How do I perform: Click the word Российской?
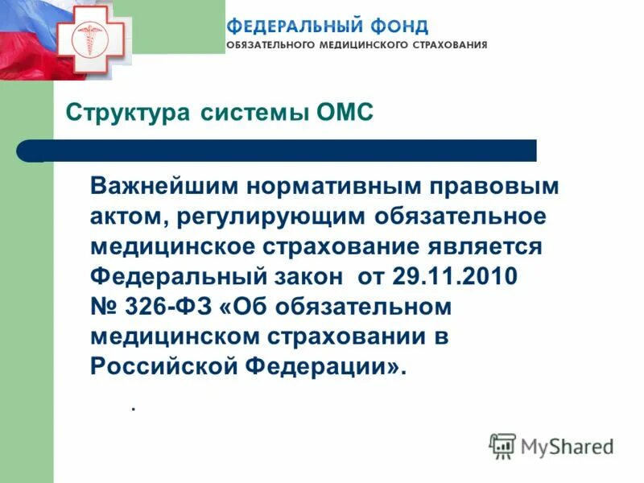[x=163, y=366]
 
